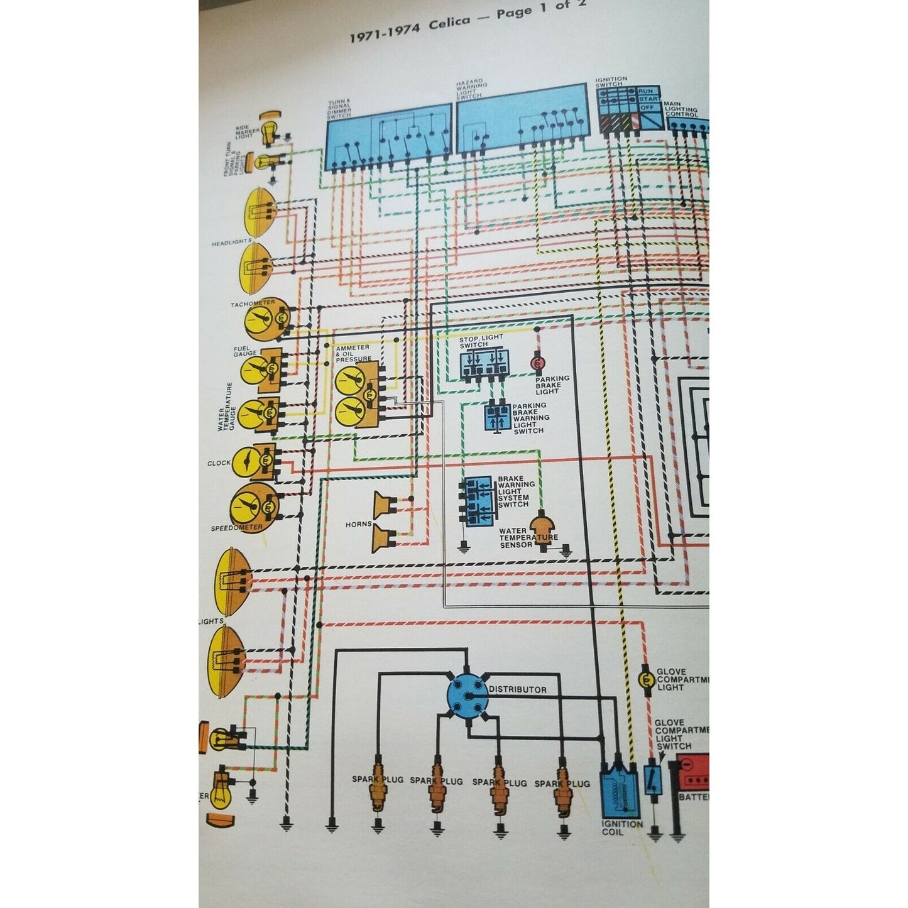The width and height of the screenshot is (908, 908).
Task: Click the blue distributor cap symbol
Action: (467, 694)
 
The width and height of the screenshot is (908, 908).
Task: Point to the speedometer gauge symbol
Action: (253, 505)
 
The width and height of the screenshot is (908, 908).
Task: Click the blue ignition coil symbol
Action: (620, 794)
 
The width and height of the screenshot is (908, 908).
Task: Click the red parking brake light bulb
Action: (537, 363)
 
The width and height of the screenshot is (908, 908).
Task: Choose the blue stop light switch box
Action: (483, 364)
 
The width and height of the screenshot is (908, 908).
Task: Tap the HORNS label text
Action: (359, 524)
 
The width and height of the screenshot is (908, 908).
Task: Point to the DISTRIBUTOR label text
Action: (518, 689)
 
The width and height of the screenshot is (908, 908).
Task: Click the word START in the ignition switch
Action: (649, 99)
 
